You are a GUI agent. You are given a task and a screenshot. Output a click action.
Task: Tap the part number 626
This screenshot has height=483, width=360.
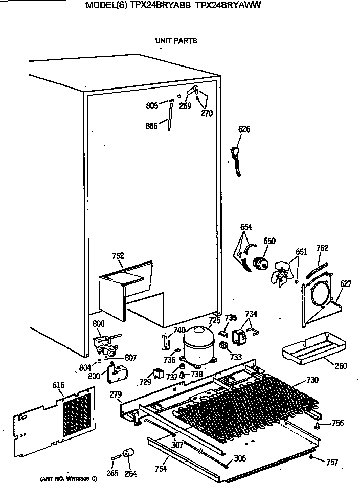(244, 129)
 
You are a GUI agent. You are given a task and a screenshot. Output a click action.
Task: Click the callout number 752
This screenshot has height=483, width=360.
(118, 256)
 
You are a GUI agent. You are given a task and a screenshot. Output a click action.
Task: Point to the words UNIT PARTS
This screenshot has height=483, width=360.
(175, 41)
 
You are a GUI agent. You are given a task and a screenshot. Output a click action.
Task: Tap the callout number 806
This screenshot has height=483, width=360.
(151, 127)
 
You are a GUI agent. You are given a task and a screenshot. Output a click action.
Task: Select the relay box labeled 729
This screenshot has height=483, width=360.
(159, 374)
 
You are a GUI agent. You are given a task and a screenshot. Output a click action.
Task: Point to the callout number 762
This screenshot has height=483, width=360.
(322, 248)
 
